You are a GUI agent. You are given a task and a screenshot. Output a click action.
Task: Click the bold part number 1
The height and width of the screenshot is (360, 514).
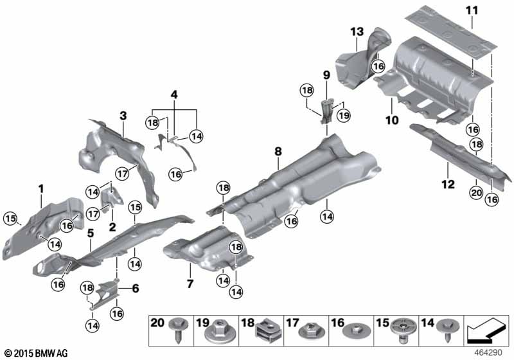click(40, 188)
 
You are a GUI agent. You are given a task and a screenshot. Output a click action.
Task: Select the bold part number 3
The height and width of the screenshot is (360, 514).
click(123, 115)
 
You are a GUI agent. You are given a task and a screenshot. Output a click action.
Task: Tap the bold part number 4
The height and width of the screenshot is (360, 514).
click(173, 94)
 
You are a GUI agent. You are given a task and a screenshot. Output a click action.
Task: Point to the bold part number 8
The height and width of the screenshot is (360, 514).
click(278, 152)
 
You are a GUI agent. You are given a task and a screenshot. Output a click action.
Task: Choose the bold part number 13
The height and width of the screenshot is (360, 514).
click(357, 32)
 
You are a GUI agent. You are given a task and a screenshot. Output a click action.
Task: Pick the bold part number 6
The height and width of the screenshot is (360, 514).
click(135, 289)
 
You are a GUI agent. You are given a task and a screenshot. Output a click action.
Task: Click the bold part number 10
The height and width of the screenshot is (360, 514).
click(392, 120)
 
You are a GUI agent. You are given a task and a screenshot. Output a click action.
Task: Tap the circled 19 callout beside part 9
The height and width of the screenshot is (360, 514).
click(344, 116)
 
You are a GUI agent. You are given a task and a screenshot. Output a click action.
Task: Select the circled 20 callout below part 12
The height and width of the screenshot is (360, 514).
click(476, 192)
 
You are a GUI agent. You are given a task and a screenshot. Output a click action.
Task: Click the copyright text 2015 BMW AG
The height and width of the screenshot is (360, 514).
click(39, 353)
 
